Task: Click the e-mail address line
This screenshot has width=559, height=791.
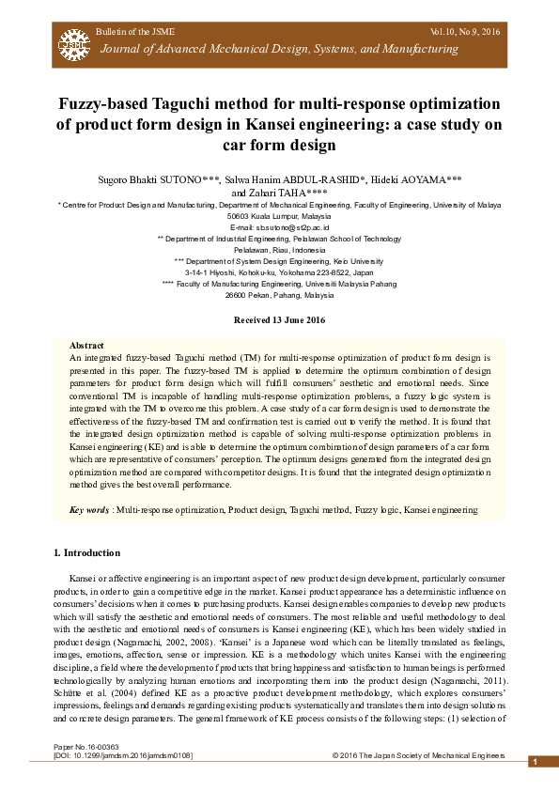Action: [279, 227]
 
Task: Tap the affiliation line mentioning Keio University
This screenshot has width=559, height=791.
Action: [279, 259]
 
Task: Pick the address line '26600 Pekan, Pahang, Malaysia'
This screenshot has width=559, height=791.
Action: [279, 293]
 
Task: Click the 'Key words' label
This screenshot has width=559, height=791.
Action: [90, 509]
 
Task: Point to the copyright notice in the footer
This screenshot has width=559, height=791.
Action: [418, 755]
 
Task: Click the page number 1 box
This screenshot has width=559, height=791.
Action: [534, 762]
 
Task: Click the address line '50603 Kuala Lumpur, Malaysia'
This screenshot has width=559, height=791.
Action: [279, 215]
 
